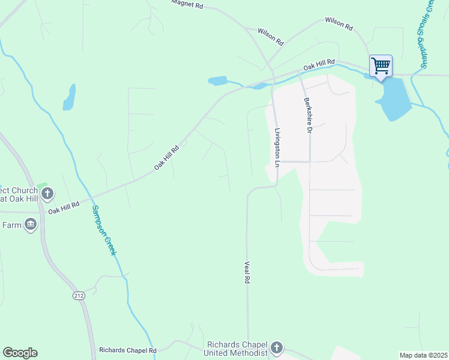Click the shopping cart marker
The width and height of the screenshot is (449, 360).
(x=381, y=65)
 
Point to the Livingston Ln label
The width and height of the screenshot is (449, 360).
(x=277, y=147)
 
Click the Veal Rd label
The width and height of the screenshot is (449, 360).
(x=247, y=272)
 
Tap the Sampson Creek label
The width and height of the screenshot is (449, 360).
(x=103, y=230)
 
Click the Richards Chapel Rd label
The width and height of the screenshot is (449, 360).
(x=128, y=350)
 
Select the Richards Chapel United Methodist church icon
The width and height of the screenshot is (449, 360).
(x=276, y=347)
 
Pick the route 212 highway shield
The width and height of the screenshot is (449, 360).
(x=79, y=296)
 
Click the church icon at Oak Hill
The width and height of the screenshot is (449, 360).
(x=48, y=194)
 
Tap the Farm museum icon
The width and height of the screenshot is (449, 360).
(x=31, y=225)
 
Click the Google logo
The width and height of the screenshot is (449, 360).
(x=20, y=353)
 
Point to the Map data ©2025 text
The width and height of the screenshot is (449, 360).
(x=423, y=355)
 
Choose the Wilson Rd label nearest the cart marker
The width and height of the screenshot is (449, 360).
(x=339, y=23)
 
